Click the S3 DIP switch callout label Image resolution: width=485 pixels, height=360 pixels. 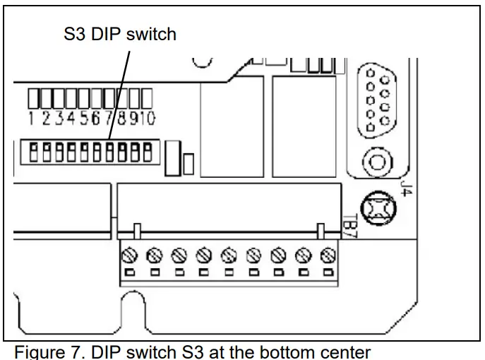pyautogui.click(x=120, y=34)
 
